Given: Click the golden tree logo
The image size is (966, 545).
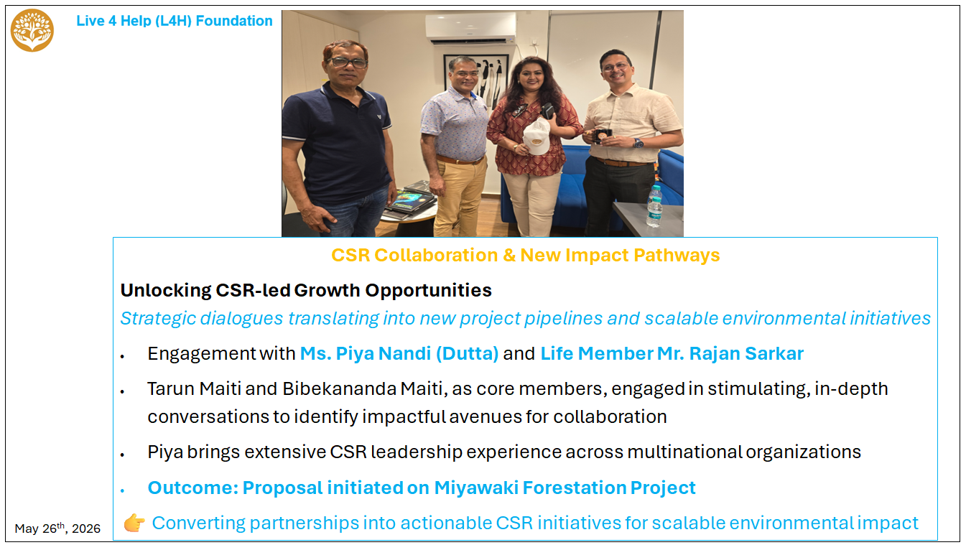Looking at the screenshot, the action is click(x=32, y=30).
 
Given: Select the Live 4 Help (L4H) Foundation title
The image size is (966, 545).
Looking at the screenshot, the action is click(x=175, y=21).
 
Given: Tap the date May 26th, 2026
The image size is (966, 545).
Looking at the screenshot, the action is click(x=57, y=528).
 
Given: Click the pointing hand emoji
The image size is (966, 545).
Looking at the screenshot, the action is click(x=134, y=523).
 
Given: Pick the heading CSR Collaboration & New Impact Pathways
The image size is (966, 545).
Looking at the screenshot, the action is click(x=525, y=255).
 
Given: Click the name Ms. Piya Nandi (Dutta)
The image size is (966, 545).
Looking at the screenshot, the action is click(x=399, y=353).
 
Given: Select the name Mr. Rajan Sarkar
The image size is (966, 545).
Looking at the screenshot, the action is click(x=730, y=353).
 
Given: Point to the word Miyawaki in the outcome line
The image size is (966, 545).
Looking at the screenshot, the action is click(x=475, y=488).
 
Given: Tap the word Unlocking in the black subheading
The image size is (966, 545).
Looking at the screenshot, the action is click(x=166, y=290).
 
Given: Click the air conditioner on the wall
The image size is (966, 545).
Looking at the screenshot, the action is click(x=470, y=28).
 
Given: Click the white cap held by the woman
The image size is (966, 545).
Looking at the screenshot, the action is click(x=537, y=136).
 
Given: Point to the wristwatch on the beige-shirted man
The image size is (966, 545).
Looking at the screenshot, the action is click(x=638, y=143).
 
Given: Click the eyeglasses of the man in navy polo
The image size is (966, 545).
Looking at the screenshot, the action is click(x=348, y=62).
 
